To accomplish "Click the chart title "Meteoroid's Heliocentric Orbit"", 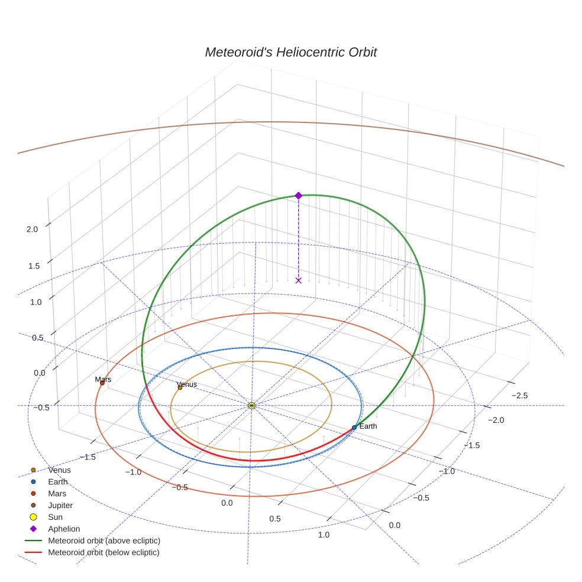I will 290,52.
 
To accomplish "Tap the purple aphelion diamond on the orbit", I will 298,195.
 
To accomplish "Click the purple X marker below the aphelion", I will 298,280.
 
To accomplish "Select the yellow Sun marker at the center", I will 251,405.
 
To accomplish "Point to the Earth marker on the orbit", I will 354,427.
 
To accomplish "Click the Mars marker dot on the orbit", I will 102,383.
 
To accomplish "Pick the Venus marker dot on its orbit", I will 180,387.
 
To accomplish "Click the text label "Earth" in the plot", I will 368,426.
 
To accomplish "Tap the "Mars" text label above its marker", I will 103,379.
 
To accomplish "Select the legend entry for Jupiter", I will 60,505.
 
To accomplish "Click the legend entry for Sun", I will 56,517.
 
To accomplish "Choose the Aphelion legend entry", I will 64,529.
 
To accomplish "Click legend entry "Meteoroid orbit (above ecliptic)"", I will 104,541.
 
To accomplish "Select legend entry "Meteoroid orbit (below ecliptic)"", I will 104,552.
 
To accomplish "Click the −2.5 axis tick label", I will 520,395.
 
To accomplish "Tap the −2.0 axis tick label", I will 496,420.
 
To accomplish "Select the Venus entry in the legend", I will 59,470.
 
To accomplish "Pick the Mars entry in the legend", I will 57,493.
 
